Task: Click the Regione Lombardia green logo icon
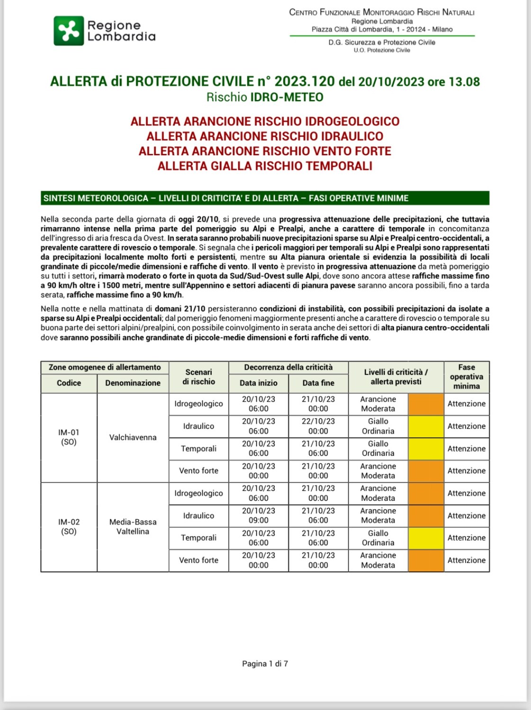69,31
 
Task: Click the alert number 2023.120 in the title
305,81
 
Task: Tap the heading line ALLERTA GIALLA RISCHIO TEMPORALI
265,166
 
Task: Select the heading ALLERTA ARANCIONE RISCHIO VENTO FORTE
265,151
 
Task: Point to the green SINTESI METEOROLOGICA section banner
265,198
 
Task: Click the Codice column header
69,383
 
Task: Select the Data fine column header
318,383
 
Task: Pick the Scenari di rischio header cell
198,377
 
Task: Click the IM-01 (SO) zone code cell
69,437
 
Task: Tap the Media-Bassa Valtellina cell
133,527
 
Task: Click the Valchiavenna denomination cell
133,437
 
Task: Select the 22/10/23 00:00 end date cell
318,426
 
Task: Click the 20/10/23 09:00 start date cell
258,515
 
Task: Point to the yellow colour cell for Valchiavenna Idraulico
426,426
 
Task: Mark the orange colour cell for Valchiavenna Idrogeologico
426,404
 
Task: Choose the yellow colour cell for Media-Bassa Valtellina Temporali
426,538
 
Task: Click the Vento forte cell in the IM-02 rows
198,560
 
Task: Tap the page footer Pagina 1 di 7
265,664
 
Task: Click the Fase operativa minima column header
466,377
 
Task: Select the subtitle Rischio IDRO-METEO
265,97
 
